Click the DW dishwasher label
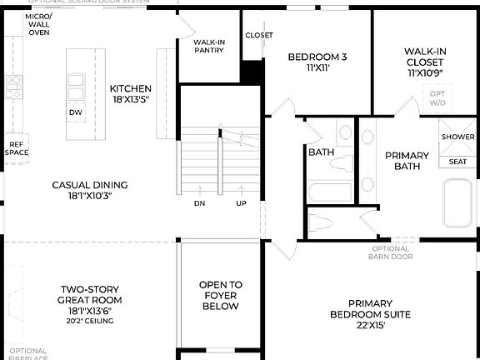click(x=76, y=112)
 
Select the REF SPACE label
click(x=16, y=147)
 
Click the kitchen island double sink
click(x=76, y=84)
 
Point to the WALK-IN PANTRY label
click(x=208, y=46)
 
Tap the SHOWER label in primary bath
click(x=457, y=137)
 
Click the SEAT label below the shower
click(x=457, y=162)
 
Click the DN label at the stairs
click(x=200, y=203)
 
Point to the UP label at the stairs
click(x=241, y=203)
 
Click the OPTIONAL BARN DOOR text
click(x=391, y=252)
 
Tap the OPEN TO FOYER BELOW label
click(x=220, y=295)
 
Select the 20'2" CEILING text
click(x=90, y=321)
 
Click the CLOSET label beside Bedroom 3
click(x=258, y=35)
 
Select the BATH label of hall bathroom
click(x=321, y=152)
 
